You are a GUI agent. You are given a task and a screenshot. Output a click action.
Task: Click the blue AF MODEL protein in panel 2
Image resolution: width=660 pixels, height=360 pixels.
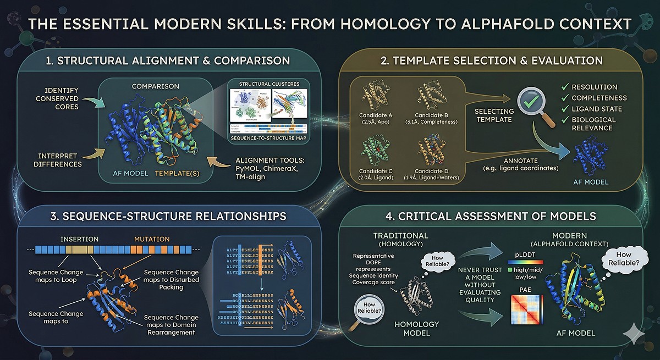point(591,159)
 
